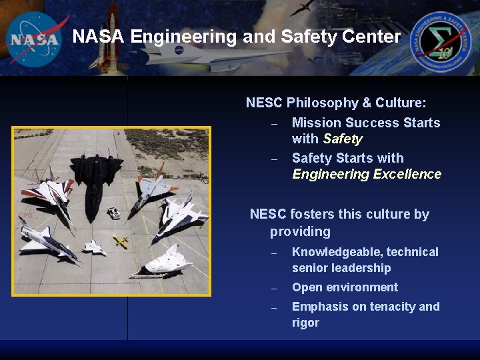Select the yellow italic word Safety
click(x=342, y=139)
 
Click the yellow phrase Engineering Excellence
click(x=367, y=175)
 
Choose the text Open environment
click(x=345, y=287)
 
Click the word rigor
click(x=305, y=323)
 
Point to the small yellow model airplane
click(x=121, y=241)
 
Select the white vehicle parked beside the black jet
click(x=114, y=213)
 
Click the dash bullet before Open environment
click(x=273, y=289)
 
